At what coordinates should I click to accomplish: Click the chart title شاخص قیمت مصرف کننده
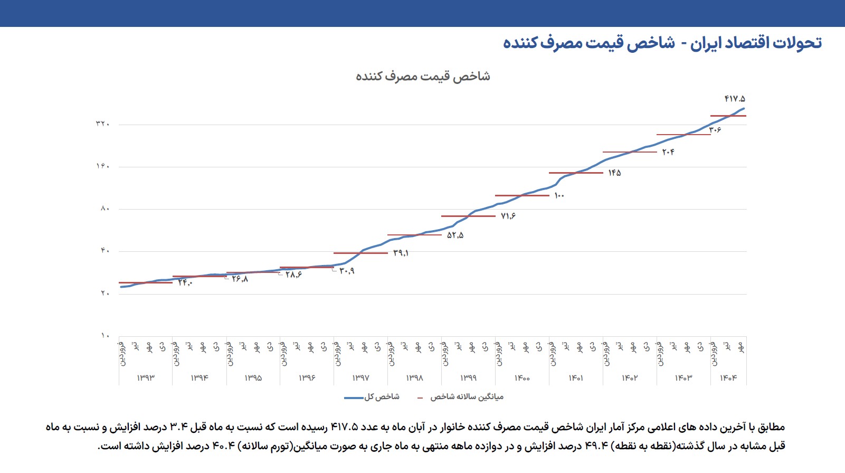(x=423, y=77)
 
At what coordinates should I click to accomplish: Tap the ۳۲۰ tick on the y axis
(x=102, y=124)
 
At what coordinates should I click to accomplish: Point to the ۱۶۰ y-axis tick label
(x=102, y=166)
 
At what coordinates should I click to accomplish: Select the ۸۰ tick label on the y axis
(x=105, y=209)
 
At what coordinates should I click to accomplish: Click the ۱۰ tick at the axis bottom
(x=105, y=335)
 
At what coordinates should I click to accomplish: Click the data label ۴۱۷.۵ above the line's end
(x=735, y=99)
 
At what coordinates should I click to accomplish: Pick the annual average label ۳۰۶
(x=715, y=130)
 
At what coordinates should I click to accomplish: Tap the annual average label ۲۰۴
(x=668, y=152)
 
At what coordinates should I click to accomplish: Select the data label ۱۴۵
(x=614, y=173)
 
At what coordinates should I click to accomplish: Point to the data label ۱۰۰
(x=559, y=196)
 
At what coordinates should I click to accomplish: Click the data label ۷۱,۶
(x=508, y=216)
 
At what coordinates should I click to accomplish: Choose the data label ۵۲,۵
(x=455, y=235)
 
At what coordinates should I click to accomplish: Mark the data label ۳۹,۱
(x=401, y=253)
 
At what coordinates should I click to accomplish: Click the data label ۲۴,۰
(x=185, y=283)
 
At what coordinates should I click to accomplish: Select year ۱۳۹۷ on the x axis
(x=360, y=378)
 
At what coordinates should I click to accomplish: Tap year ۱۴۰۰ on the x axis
(x=522, y=378)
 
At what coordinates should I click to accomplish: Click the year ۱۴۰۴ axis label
(x=728, y=378)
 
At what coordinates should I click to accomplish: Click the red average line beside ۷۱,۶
(x=468, y=216)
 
